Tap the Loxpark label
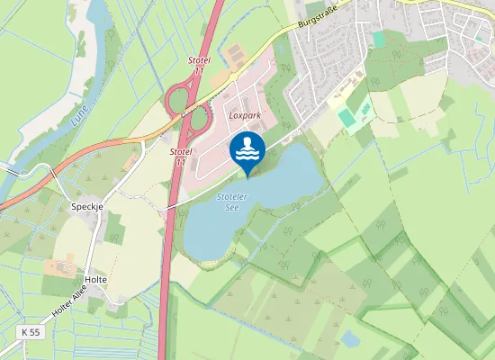(x=244, y=116)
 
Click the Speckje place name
(x=87, y=205)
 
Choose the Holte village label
(x=95, y=280)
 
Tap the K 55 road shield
(x=31, y=332)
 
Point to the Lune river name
(x=81, y=112)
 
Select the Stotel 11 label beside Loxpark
(x=180, y=157)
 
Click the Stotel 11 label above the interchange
(x=199, y=64)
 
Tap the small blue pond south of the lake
(x=350, y=338)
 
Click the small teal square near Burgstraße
(x=379, y=40)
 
